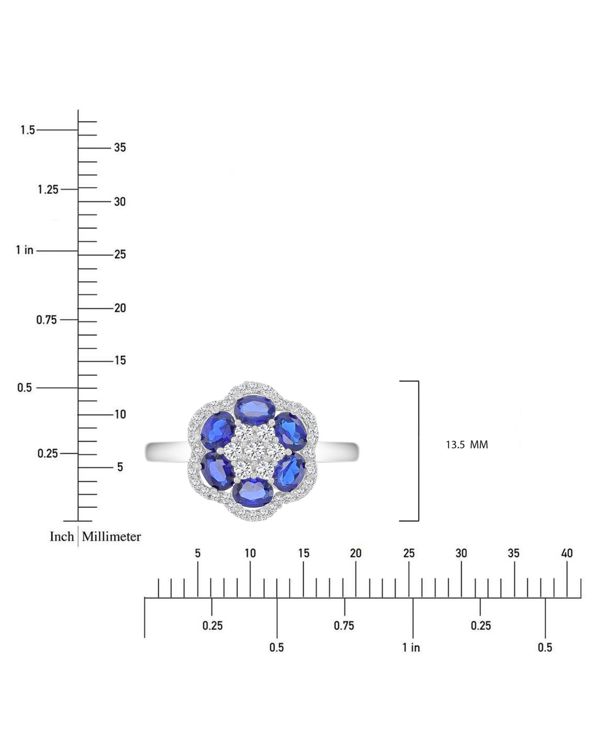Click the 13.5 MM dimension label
[x=467, y=445]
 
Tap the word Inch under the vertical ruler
[x=62, y=537]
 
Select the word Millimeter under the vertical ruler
[x=112, y=537]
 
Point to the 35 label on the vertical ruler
[x=120, y=148]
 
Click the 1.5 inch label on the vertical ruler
[x=28, y=130]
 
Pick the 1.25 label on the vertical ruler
[x=48, y=190]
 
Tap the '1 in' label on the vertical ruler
[x=24, y=250]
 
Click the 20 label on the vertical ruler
[x=120, y=308]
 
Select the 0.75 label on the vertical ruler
[x=47, y=320]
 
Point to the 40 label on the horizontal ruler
[x=567, y=553]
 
